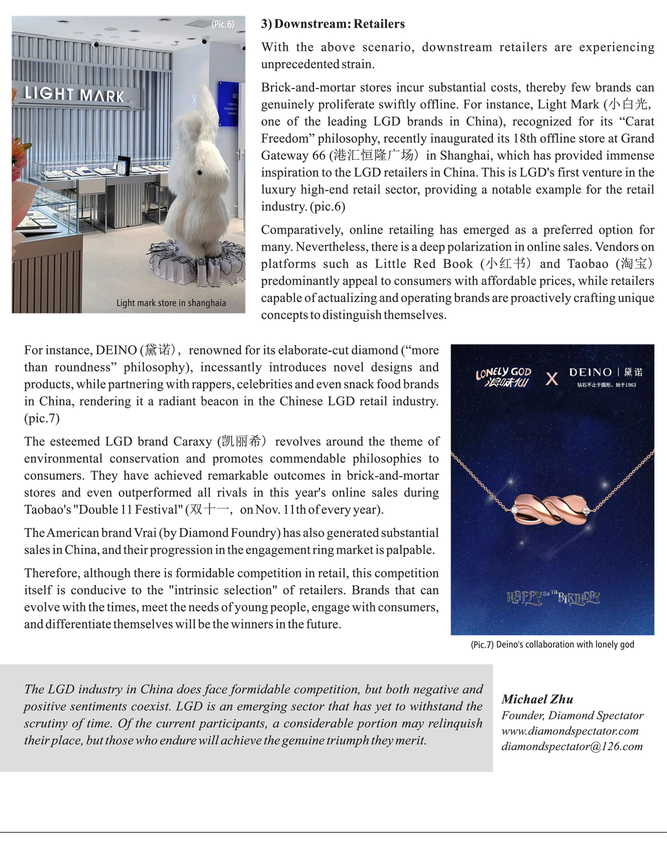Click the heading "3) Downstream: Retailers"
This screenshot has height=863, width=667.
click(x=332, y=24)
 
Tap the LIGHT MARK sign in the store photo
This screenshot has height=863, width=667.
click(x=74, y=94)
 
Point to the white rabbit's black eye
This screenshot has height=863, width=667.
click(x=199, y=173)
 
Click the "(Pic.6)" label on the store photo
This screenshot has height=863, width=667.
click(x=223, y=24)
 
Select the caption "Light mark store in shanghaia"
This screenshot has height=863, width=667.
click(x=171, y=303)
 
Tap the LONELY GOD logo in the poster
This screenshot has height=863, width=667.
click(x=503, y=377)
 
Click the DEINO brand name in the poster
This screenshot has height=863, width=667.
click(x=590, y=372)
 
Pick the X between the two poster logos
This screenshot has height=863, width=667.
click(x=551, y=379)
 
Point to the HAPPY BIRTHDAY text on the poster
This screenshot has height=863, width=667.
click(x=553, y=597)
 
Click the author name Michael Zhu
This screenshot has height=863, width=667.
click(x=537, y=699)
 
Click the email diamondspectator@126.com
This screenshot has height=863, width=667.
click(x=572, y=746)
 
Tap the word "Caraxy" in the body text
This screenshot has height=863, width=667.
click(x=192, y=442)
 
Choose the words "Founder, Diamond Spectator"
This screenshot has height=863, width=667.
click(x=572, y=715)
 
